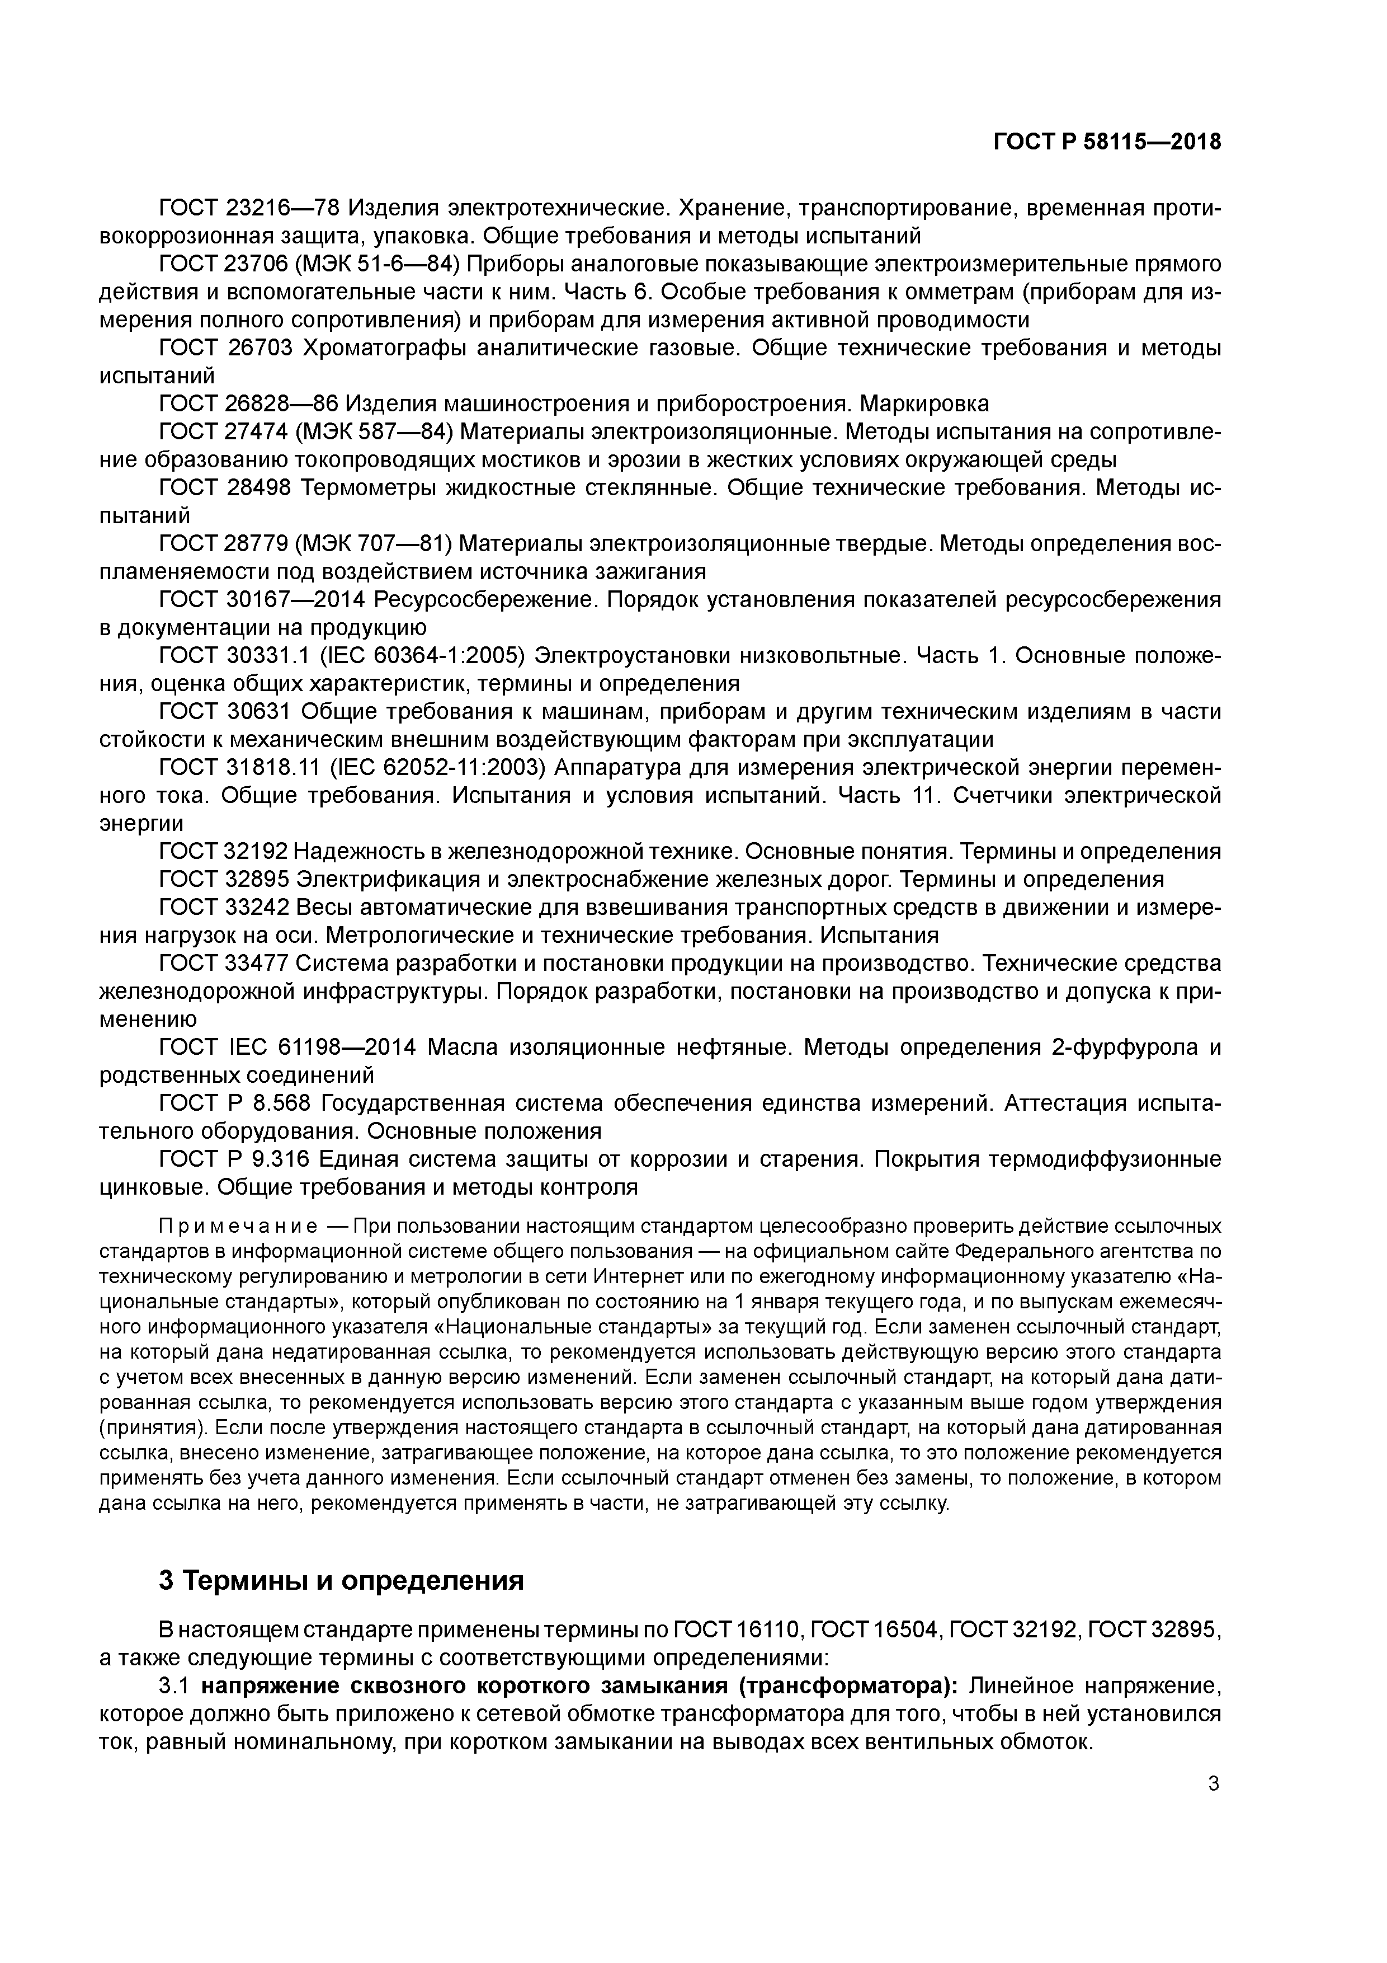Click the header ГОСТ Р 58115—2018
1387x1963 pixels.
1107,142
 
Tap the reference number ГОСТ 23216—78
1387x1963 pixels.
249,208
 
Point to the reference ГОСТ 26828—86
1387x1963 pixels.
249,403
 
